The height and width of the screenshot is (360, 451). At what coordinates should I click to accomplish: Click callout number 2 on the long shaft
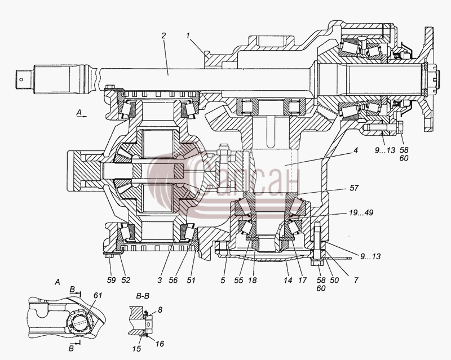[163, 35]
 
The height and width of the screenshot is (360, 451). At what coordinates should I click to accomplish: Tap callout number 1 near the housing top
[188, 35]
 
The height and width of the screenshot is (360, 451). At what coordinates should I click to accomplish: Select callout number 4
[356, 150]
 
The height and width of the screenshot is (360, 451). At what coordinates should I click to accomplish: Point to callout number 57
[354, 188]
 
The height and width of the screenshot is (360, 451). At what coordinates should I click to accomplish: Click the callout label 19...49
[361, 213]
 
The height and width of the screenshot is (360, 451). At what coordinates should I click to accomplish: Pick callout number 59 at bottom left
[111, 280]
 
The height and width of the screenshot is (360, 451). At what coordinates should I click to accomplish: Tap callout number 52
[126, 280]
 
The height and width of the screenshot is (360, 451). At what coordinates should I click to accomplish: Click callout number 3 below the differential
[160, 280]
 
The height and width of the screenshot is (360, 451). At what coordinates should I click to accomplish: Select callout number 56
[173, 280]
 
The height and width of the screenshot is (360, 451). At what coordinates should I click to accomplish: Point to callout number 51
[191, 280]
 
